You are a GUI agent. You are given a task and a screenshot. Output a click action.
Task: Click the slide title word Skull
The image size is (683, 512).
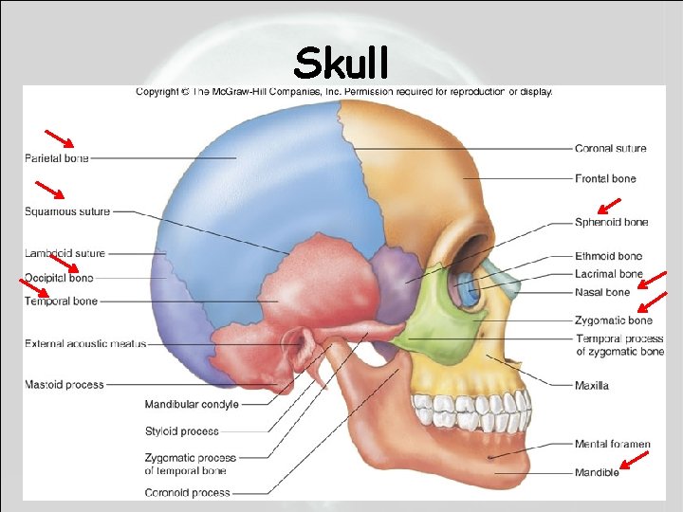[x=341, y=64]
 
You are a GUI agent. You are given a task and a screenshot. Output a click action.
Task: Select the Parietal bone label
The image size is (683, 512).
[x=57, y=158]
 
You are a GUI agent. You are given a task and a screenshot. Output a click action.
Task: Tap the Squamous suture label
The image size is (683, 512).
[x=67, y=211]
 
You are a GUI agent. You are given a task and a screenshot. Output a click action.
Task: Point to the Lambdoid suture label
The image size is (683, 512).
[x=65, y=253]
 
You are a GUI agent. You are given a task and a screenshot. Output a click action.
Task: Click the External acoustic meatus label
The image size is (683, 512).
[x=85, y=343]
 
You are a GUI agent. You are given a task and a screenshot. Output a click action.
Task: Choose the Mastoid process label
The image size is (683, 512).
[x=65, y=384]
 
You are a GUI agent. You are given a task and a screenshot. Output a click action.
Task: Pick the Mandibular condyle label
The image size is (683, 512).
[x=192, y=404]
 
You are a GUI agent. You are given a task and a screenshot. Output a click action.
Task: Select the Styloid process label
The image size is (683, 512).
[x=181, y=431]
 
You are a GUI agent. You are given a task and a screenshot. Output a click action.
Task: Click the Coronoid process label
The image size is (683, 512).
[x=187, y=492]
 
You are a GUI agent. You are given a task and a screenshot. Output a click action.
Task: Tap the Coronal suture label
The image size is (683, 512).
[x=610, y=149]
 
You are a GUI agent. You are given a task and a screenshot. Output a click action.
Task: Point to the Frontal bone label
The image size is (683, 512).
[x=605, y=178]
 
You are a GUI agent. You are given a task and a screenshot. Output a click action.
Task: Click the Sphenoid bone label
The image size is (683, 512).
[x=611, y=222]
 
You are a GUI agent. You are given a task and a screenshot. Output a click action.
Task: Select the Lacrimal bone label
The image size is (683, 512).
[x=608, y=274]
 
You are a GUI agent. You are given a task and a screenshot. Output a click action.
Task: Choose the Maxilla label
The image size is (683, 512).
[x=592, y=386]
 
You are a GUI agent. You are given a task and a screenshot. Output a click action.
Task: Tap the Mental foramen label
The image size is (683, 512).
[x=612, y=444]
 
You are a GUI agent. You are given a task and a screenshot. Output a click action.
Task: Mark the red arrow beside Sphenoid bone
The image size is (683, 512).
[x=608, y=205]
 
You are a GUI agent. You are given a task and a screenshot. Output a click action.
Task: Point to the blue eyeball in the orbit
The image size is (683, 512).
[x=466, y=288]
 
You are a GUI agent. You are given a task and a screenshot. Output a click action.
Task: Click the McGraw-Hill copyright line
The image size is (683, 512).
[x=343, y=92]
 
